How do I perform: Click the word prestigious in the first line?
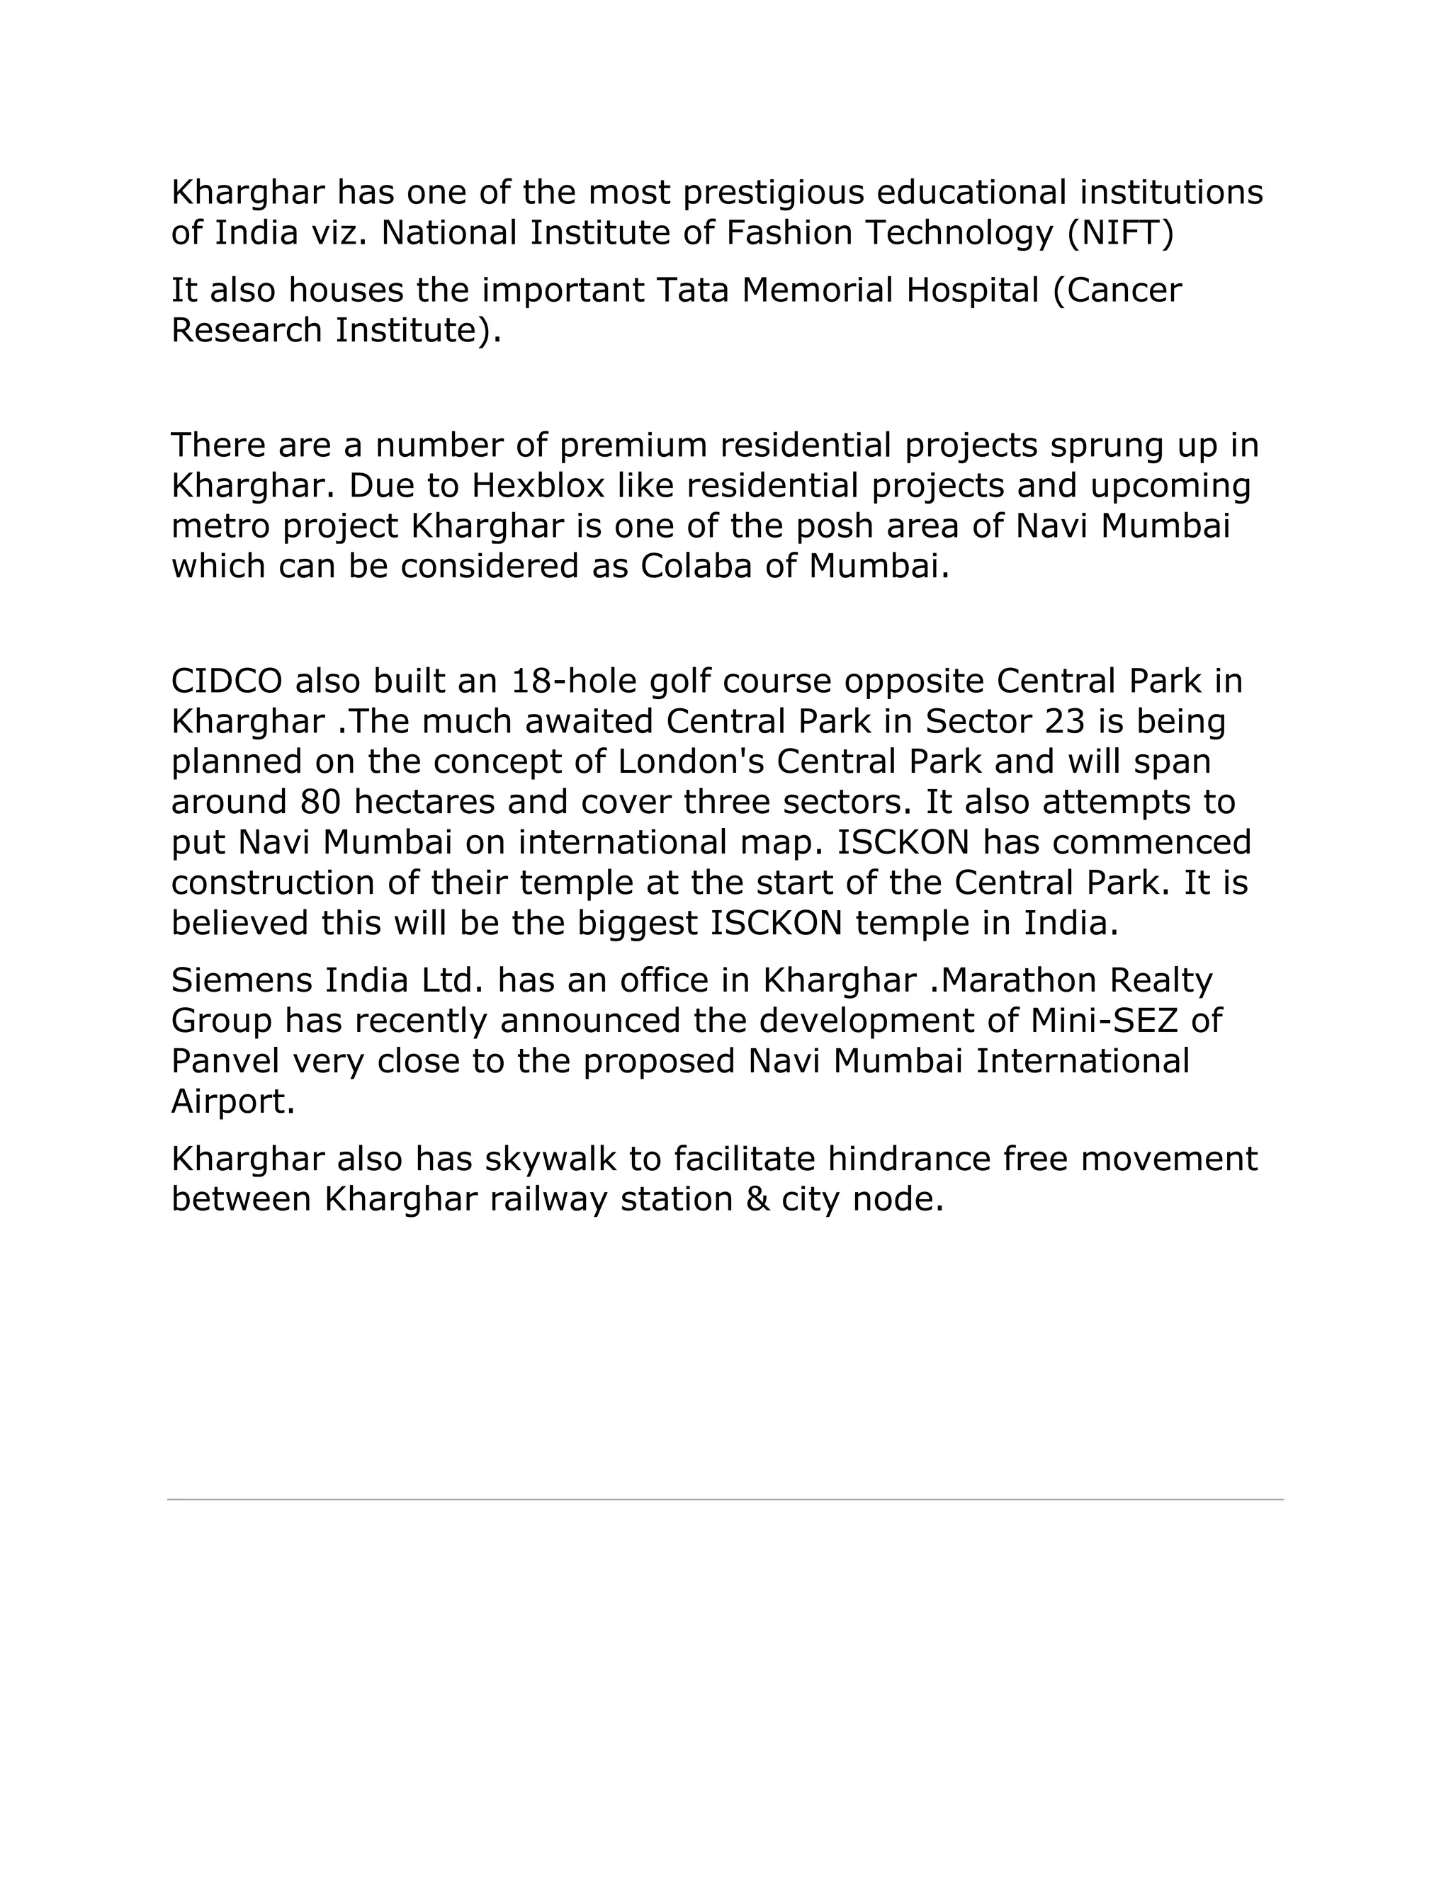(x=773, y=193)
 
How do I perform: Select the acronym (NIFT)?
(x=1120, y=233)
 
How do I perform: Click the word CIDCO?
(x=227, y=681)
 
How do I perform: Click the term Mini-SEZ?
(x=1104, y=1021)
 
